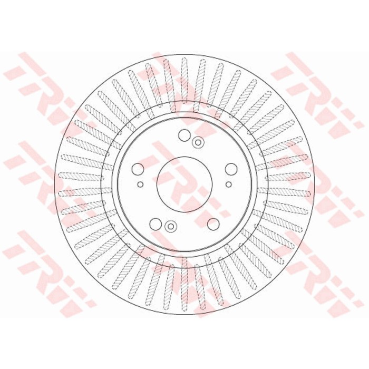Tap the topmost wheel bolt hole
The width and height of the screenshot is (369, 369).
(x=184, y=135)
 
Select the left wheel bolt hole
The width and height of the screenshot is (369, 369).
(x=138, y=169)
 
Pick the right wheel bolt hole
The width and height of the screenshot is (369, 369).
(x=231, y=169)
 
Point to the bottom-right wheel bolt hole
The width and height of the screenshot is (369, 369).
(x=213, y=224)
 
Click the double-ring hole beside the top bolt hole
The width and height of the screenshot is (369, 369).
(x=198, y=142)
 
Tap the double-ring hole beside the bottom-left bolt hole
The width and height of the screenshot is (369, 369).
(x=171, y=226)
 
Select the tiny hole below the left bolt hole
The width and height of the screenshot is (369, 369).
(x=140, y=184)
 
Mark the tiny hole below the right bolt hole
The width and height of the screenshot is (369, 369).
(x=228, y=184)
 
